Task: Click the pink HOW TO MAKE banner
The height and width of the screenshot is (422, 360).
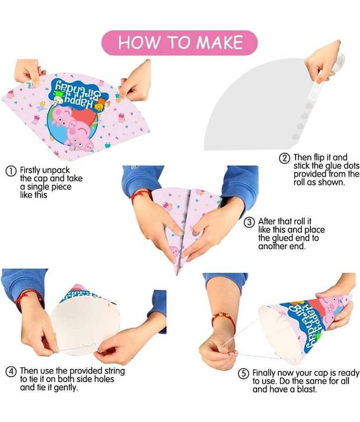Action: point(179,43)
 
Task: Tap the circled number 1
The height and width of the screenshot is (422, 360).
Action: point(11,171)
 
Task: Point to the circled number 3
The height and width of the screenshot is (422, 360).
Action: point(249,222)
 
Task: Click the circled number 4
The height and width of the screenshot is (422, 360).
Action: point(11,372)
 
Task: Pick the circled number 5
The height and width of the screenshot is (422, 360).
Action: point(244,374)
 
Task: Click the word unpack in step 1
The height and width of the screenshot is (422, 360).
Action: point(56,171)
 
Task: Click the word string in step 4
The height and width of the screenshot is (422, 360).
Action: point(114,371)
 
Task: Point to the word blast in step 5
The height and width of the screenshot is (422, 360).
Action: point(306,389)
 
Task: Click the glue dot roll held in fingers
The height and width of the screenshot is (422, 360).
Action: point(338,63)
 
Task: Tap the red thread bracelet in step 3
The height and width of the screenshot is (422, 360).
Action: point(140,195)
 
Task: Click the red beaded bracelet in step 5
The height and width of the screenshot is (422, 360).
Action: point(223,319)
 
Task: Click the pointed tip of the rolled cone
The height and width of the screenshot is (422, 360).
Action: point(177,274)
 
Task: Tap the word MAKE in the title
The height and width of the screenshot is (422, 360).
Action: point(219,42)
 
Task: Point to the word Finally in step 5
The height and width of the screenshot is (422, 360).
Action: point(264,373)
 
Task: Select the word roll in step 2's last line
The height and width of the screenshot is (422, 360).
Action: point(299,182)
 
